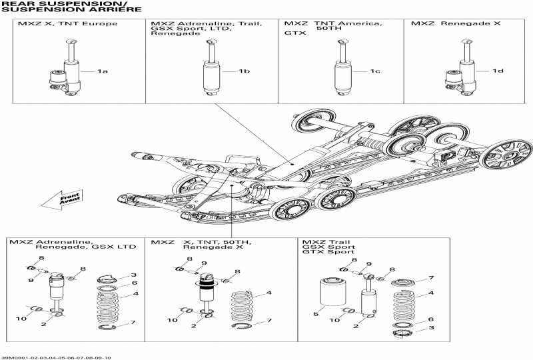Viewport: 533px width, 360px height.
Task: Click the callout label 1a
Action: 102,71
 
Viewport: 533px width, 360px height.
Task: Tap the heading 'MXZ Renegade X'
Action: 446,24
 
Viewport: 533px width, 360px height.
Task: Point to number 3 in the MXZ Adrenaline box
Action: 134,275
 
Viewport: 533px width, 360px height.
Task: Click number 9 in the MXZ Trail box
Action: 368,265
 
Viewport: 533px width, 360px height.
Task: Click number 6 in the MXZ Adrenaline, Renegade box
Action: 134,283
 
